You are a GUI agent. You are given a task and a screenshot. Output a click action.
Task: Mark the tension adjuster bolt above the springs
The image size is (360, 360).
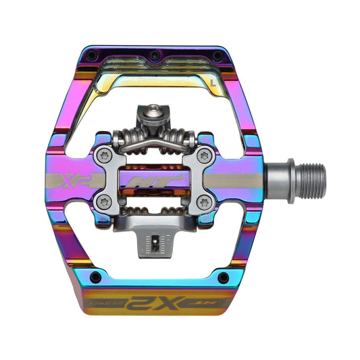tap(179, 111)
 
